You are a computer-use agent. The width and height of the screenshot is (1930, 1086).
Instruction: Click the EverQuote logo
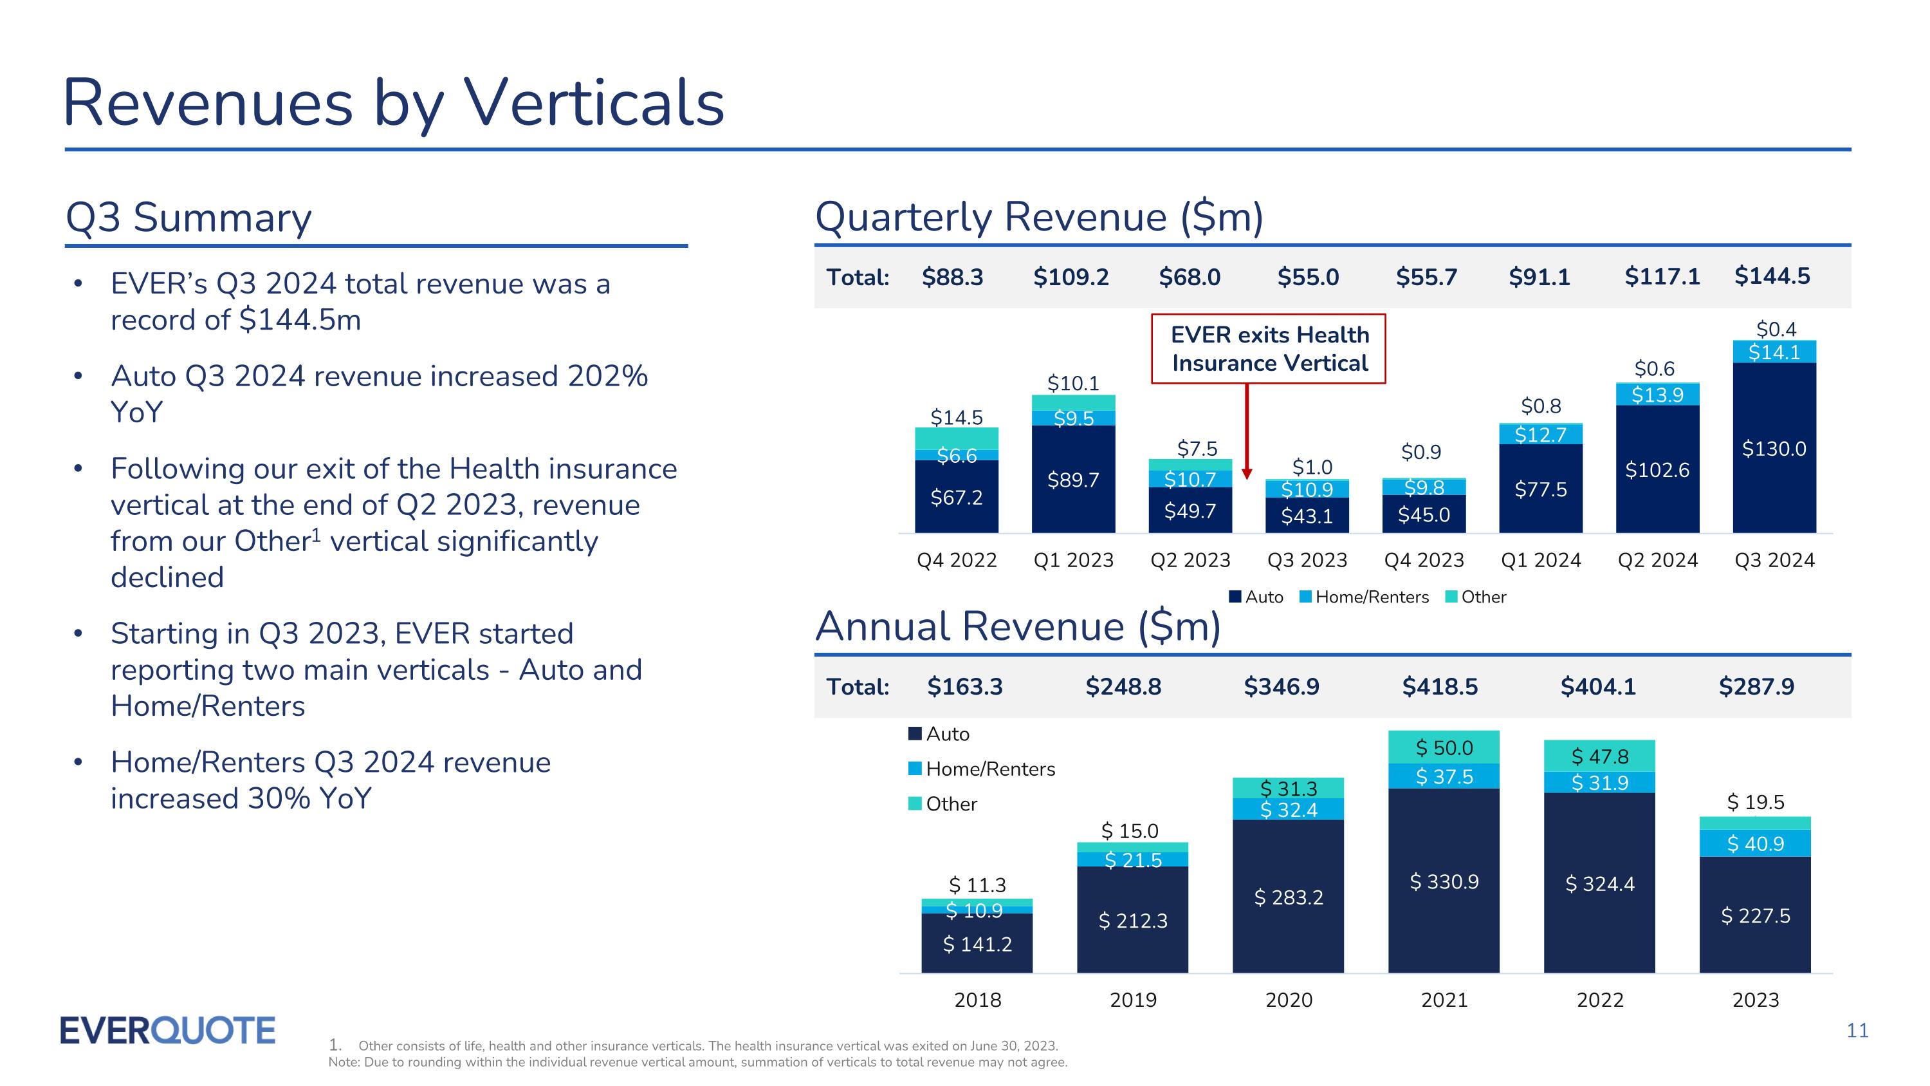(x=167, y=1031)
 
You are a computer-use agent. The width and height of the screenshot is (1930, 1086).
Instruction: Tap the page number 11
(x=1857, y=1031)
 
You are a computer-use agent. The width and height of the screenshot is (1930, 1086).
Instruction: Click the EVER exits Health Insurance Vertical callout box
(x=1269, y=348)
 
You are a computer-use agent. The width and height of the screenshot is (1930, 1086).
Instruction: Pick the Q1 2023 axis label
(x=1073, y=560)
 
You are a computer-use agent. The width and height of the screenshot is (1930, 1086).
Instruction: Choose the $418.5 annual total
(x=1439, y=686)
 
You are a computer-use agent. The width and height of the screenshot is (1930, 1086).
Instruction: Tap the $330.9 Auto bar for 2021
(x=1444, y=881)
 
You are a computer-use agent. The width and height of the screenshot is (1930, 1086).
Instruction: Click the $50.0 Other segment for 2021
(x=1444, y=747)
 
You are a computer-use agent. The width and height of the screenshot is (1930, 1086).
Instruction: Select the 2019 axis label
(x=1133, y=999)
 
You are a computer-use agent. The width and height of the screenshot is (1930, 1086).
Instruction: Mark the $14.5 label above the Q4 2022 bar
(x=956, y=417)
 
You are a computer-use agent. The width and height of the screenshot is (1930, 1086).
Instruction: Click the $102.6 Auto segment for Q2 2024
(x=1657, y=470)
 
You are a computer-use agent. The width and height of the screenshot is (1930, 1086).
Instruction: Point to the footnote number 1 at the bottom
(x=335, y=1045)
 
